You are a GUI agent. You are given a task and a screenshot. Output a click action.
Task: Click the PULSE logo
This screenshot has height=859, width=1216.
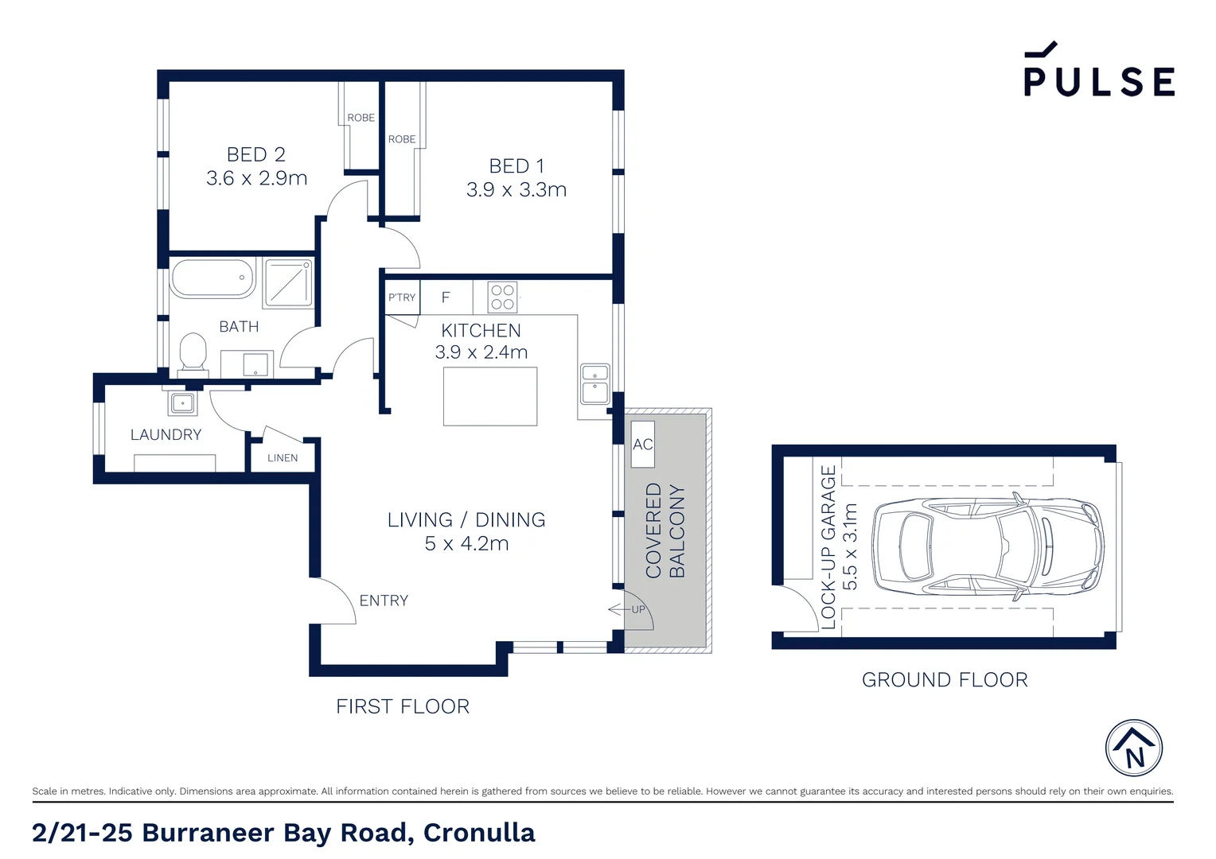(1098, 72)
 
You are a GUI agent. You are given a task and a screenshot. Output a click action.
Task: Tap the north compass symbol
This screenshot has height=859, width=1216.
(1133, 748)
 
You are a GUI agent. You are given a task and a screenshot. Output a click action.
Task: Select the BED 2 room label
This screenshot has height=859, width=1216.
(255, 154)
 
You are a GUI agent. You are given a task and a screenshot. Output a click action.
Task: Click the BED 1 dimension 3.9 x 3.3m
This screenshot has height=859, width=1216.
(516, 190)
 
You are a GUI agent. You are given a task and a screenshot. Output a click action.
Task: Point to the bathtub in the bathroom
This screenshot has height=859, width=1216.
(212, 278)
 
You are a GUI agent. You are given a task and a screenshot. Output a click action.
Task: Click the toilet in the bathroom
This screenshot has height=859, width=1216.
(193, 352)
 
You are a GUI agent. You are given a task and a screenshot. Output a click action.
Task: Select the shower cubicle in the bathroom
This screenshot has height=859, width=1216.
(288, 282)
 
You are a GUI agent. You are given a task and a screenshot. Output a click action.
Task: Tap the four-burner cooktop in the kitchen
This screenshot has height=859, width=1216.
(502, 297)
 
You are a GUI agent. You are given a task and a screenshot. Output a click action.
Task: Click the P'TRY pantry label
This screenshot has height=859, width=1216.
(402, 297)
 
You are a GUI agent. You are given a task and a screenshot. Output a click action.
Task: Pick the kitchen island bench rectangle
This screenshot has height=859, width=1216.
(490, 396)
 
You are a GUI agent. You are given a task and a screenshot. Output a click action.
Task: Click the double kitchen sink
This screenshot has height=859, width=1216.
(594, 383)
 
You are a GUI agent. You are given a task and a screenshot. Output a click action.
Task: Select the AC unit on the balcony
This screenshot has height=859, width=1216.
(642, 445)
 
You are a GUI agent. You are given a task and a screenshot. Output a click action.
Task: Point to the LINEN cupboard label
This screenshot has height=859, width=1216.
(283, 458)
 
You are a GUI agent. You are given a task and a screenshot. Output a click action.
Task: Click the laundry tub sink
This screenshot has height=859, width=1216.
(182, 403)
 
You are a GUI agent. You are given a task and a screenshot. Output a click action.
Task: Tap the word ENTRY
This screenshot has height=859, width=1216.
(384, 601)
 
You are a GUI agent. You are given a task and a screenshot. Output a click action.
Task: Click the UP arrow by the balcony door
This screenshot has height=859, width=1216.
(628, 609)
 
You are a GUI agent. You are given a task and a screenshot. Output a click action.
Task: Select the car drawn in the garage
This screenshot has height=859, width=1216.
(988, 546)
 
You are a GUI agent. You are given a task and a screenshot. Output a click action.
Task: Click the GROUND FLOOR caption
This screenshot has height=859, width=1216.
(945, 680)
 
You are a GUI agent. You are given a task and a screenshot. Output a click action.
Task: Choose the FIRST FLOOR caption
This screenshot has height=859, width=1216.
(403, 706)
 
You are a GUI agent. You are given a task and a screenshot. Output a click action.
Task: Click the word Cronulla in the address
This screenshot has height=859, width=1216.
(479, 833)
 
